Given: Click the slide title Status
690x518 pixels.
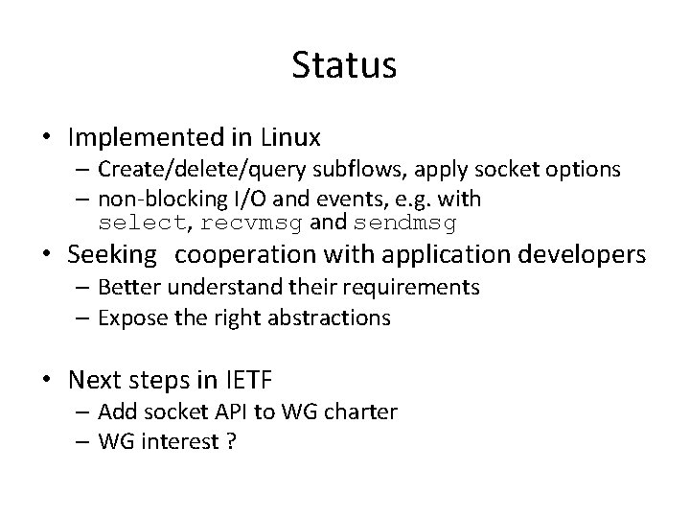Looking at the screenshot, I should click(x=344, y=66).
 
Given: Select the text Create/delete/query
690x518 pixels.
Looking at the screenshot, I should click(x=197, y=170).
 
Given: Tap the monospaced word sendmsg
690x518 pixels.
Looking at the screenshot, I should click(x=405, y=224).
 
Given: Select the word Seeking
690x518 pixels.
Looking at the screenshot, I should click(x=112, y=255).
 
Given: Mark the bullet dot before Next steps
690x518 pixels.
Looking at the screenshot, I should click(x=47, y=381).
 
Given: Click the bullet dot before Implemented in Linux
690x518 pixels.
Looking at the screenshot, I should click(x=47, y=138).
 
